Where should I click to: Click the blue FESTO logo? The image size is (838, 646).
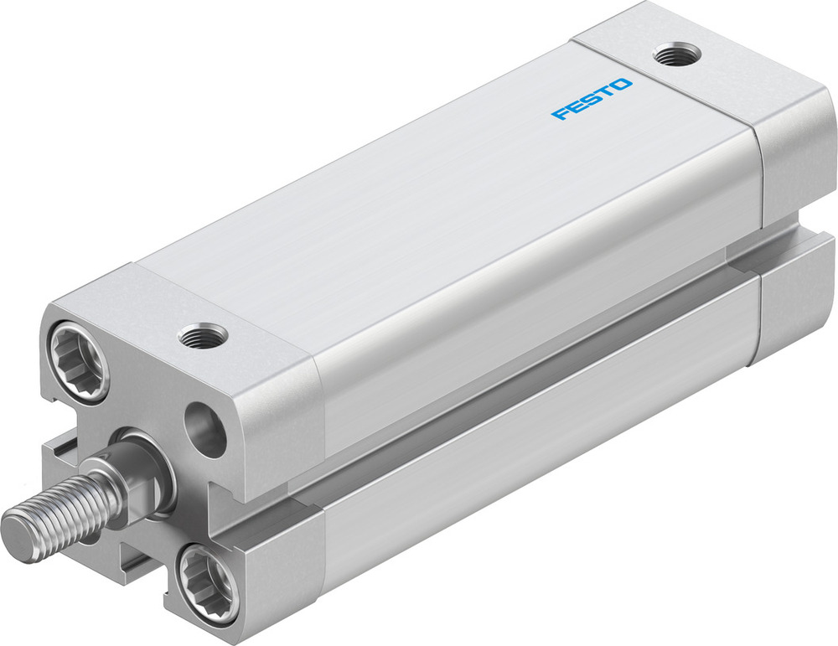(x=592, y=99)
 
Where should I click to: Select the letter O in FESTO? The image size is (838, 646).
(x=623, y=85)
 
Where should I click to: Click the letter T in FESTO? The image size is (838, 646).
(x=605, y=92)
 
